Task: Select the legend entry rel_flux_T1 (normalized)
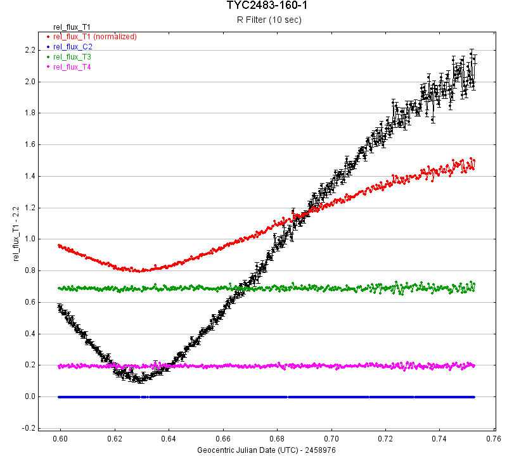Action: pos(94,37)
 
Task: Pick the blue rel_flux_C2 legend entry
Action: pos(72,47)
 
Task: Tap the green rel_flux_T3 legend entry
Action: pos(72,57)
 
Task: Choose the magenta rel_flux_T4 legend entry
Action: pos(72,67)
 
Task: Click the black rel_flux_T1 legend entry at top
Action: pos(72,27)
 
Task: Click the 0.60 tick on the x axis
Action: pos(60,438)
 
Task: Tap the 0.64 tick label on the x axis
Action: pos(169,438)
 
